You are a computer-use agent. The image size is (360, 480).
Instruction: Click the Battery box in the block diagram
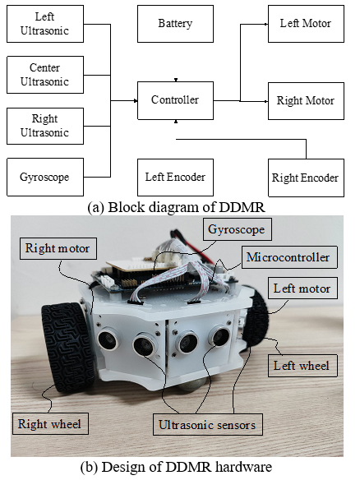[175, 24]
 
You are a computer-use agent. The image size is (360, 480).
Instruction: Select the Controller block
[175, 100]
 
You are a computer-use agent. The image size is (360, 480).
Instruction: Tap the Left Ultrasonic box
[45, 24]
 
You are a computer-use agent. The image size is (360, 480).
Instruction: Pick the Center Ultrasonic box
[45, 75]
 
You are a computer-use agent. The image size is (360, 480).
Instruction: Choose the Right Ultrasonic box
[45, 126]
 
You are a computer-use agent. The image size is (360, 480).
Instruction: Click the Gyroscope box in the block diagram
[45, 177]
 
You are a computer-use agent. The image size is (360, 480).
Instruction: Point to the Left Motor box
[306, 24]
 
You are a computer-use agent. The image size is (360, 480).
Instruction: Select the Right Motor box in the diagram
[306, 101]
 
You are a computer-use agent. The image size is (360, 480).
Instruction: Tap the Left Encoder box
[175, 178]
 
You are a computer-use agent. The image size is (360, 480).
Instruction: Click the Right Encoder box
[306, 178]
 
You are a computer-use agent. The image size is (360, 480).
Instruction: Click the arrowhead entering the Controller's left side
[136, 101]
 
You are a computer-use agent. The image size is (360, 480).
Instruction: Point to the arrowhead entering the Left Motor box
[266, 24]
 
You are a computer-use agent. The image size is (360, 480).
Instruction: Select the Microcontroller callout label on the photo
[289, 257]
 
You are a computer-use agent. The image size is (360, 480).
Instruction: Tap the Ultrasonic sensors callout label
[208, 424]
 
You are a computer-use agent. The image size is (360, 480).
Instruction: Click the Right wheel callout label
[50, 423]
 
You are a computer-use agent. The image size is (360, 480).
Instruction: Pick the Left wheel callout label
[302, 366]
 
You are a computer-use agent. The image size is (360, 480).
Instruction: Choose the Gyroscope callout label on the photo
[238, 229]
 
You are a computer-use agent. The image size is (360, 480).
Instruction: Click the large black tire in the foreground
[68, 347]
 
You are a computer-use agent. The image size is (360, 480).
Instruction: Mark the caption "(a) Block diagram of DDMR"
[177, 207]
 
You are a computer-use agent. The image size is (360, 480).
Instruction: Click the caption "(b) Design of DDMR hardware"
[177, 467]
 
